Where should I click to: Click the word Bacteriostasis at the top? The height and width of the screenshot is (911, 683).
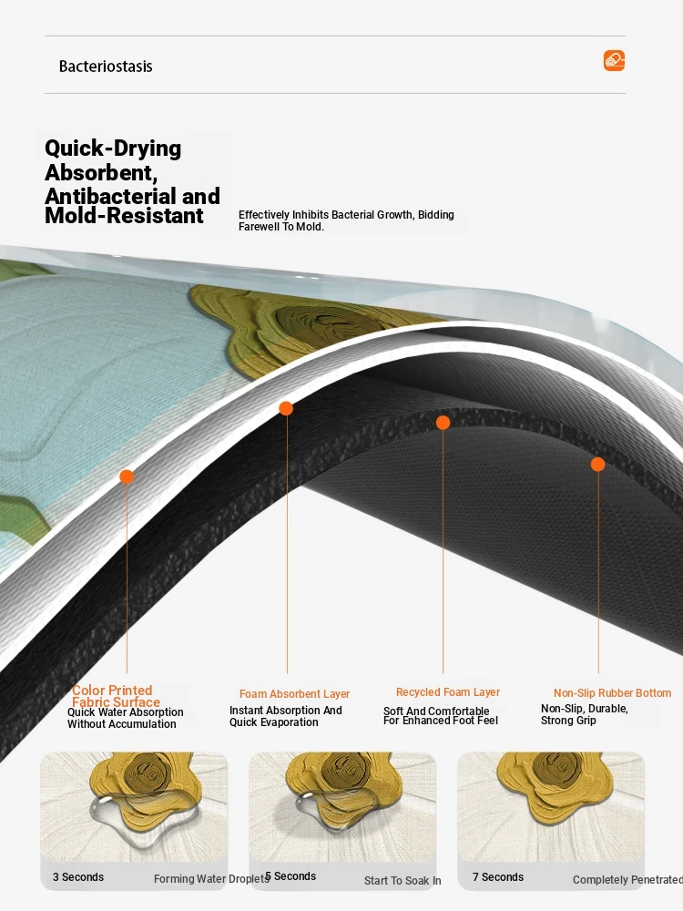(x=106, y=67)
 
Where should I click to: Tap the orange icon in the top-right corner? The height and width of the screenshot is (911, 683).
(x=614, y=60)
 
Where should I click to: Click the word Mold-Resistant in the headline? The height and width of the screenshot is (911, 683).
(x=124, y=216)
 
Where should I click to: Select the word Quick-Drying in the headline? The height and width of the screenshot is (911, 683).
(x=113, y=148)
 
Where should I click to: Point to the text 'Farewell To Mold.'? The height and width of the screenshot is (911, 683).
(x=281, y=227)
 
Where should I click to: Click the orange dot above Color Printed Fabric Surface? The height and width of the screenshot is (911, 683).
(x=127, y=477)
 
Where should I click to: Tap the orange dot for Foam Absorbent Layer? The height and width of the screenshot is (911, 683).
(x=286, y=408)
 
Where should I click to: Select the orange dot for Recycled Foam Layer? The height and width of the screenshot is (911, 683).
(x=443, y=423)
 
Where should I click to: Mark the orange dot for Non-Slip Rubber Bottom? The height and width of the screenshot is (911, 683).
(x=597, y=465)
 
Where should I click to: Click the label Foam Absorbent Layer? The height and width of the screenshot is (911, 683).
(x=294, y=693)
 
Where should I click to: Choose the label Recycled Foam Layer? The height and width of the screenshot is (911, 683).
(x=448, y=692)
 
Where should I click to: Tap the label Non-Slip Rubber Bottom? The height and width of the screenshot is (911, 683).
(x=612, y=693)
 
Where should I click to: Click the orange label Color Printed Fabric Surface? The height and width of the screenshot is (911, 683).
(x=115, y=696)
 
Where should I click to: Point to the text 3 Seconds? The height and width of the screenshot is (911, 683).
(x=78, y=877)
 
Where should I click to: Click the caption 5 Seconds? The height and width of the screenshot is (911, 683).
(x=291, y=876)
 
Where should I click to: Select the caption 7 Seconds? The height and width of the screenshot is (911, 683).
(x=498, y=877)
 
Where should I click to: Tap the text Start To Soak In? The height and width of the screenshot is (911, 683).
(x=403, y=881)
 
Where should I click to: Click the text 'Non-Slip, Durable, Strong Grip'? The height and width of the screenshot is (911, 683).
(x=584, y=714)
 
